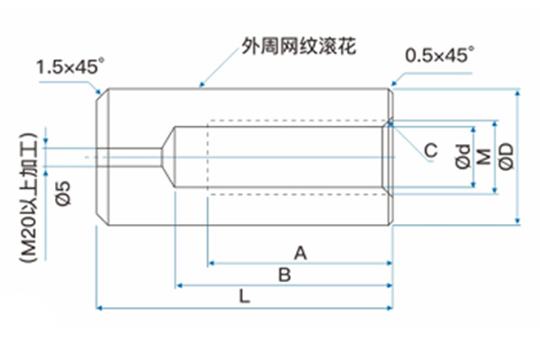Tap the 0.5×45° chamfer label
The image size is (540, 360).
point(438,55)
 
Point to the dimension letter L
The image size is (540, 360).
point(245,296)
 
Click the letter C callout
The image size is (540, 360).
point(431,150)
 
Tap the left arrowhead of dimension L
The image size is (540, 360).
point(100,308)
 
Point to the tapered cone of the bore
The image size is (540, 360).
point(167,156)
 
